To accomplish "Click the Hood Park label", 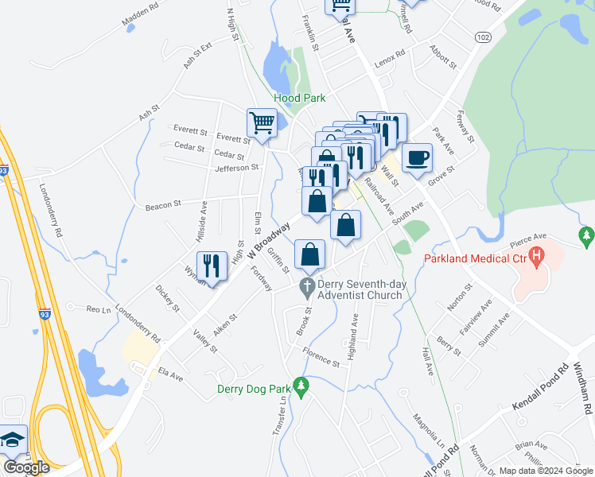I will (x=298, y=99).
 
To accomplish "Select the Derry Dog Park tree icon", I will (x=300, y=387).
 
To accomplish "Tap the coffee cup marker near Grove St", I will (x=417, y=157).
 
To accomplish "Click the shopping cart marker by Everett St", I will (x=262, y=123).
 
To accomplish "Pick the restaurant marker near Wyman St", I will (x=212, y=265).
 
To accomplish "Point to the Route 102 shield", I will (x=482, y=37).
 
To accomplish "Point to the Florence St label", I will (x=320, y=357).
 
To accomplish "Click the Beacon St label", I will (x=164, y=207).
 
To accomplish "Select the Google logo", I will (x=26, y=467).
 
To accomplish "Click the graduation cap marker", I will (x=12, y=440).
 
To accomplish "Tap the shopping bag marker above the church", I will (x=310, y=255).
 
